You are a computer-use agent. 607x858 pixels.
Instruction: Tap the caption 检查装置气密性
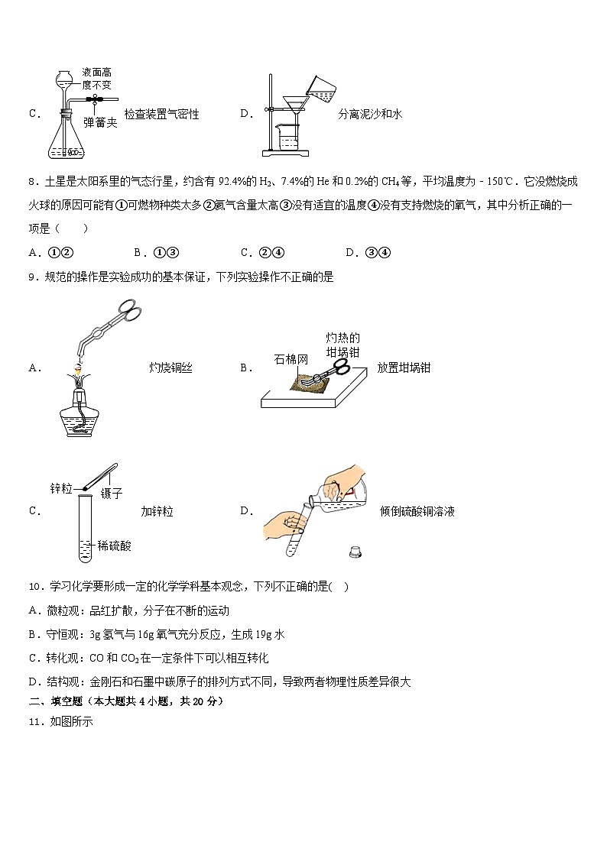[161, 114]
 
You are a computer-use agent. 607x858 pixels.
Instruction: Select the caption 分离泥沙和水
[370, 114]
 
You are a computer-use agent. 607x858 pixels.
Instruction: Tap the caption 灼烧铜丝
[170, 367]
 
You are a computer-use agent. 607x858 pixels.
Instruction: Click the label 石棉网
[290, 358]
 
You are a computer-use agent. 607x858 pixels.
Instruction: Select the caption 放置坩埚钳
[404, 367]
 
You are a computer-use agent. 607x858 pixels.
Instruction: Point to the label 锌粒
[61, 487]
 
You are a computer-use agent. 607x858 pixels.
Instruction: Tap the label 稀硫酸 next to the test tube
[115, 546]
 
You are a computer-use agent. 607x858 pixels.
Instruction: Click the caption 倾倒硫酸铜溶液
[417, 511]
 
